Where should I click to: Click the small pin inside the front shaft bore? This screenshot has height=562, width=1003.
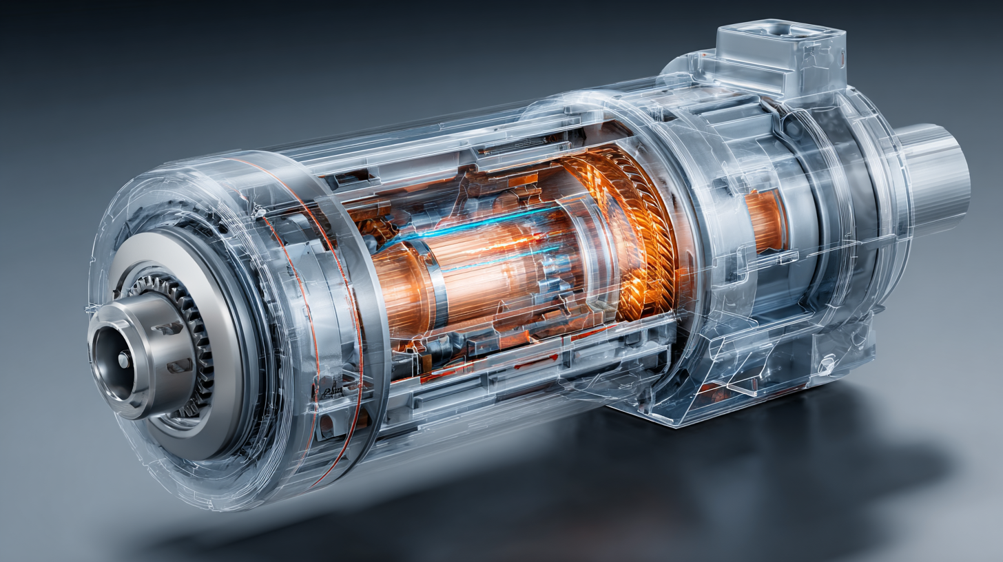pyautogui.click(x=123, y=360)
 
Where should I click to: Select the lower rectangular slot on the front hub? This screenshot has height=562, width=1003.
pyautogui.click(x=178, y=366)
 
